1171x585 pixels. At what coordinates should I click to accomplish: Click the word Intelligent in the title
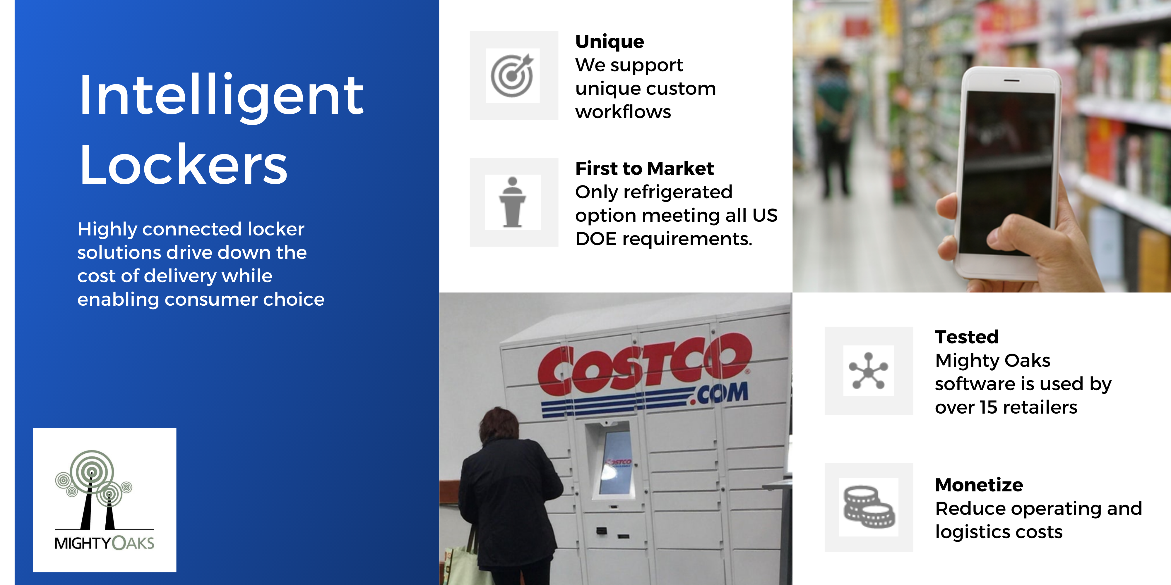(221, 96)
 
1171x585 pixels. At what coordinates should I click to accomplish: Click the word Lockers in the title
(183, 164)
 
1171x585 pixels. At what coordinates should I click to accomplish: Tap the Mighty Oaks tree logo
(93, 490)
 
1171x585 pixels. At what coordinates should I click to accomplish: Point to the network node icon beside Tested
(868, 371)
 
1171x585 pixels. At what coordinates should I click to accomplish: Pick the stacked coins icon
(869, 507)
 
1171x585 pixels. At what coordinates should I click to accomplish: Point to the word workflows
(623, 112)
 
